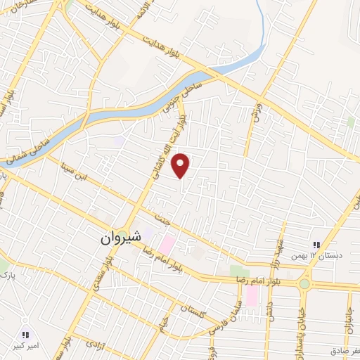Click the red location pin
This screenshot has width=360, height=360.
click(x=182, y=165)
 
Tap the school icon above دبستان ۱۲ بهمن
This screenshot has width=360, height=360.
click(x=316, y=245)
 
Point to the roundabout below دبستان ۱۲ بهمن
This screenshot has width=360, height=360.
click(x=304, y=284)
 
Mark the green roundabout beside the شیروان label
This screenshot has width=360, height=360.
click(x=123, y=235)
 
